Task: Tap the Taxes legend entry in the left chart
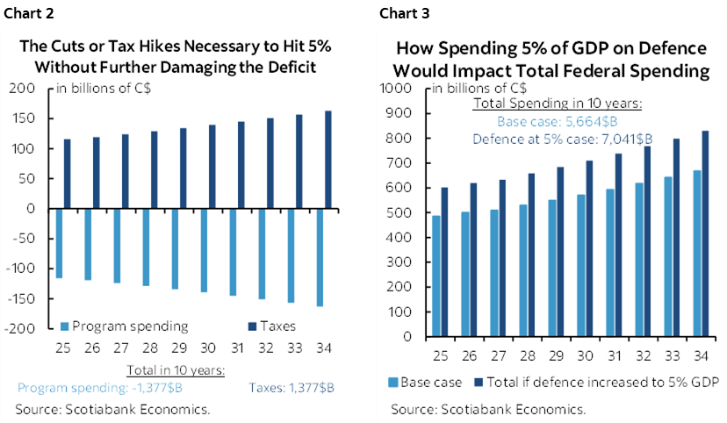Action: (x=265, y=326)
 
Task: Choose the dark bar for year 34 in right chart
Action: (x=707, y=233)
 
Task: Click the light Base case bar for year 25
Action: (x=435, y=276)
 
